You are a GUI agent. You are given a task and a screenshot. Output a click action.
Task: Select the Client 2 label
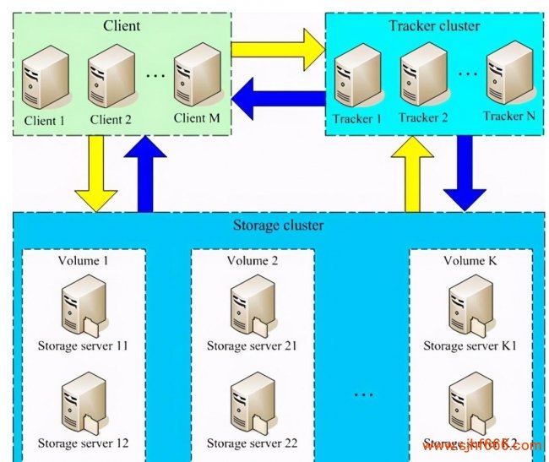point(110,120)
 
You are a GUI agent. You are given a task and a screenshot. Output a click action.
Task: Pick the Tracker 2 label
point(423,117)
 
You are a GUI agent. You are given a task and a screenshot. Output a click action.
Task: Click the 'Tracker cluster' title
point(434,25)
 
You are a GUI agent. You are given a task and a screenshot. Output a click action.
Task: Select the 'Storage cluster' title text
point(277,226)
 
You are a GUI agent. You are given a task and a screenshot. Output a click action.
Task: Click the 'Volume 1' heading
point(83,260)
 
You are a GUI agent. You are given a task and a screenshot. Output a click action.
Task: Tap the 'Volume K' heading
point(470,260)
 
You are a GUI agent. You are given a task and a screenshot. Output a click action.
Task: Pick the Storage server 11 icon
point(84,306)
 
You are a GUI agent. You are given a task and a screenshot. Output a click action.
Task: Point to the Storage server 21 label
point(252,345)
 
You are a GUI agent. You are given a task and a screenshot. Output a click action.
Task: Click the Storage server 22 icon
point(252,406)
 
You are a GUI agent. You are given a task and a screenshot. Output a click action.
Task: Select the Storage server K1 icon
point(469,306)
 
